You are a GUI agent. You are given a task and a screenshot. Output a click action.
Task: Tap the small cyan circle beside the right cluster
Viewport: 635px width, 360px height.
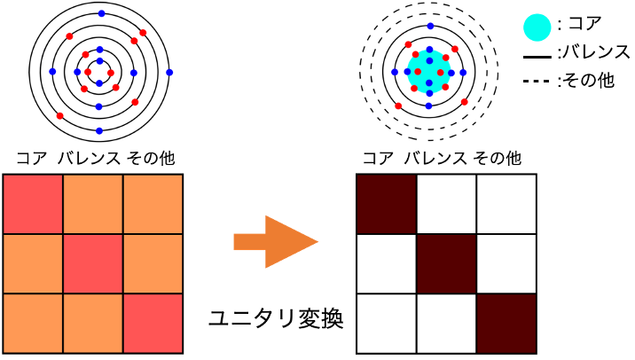(x=537, y=27)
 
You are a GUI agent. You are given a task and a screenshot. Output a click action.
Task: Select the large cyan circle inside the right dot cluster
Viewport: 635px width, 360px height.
(x=428, y=71)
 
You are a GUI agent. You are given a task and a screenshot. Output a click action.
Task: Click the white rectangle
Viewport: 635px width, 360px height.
(x=599, y=248)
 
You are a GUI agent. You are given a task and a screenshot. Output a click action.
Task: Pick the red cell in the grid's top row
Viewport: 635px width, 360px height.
(x=33, y=204)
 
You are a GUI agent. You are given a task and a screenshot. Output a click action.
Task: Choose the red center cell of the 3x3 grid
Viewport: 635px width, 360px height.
(x=93, y=263)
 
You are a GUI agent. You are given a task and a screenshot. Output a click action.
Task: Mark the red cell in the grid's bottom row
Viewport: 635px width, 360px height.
(x=153, y=323)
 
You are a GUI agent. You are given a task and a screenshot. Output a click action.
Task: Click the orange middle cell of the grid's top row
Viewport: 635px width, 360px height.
(x=93, y=204)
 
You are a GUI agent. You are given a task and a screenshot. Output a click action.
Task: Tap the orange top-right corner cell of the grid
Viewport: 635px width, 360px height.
(x=153, y=204)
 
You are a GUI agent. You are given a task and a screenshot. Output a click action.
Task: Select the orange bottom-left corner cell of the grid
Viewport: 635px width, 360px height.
(x=33, y=323)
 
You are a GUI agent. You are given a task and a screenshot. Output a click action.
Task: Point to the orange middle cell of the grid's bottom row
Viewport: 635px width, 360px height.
(x=93, y=323)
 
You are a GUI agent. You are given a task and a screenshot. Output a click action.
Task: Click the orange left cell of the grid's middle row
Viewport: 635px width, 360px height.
(x=33, y=263)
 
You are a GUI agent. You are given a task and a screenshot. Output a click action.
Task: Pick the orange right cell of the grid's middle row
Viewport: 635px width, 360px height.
(x=153, y=263)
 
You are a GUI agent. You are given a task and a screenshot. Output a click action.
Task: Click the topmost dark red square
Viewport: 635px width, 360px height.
(x=387, y=204)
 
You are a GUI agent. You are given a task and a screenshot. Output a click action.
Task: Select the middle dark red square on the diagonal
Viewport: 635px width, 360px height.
(x=446, y=263)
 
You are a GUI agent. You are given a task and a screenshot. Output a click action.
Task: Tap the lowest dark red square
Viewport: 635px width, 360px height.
(x=506, y=323)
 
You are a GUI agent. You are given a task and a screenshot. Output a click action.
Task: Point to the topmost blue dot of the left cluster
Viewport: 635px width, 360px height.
(x=101, y=13)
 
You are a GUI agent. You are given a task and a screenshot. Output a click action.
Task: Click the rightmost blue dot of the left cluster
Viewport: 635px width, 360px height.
(x=169, y=72)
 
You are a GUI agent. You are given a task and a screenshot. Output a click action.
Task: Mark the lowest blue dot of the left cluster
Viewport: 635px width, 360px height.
(x=99, y=130)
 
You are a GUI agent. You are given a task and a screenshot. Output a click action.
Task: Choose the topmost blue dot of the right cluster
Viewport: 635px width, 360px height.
(x=430, y=27)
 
